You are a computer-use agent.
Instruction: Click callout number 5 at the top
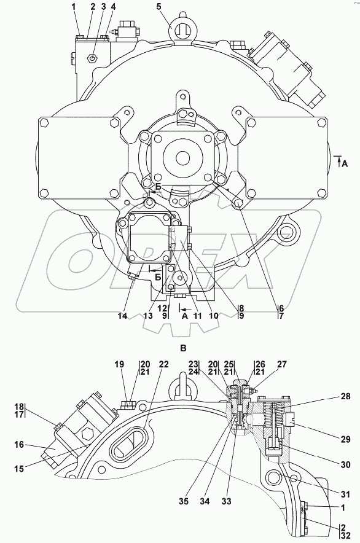(x=169, y=7)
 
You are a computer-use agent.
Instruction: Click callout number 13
(x=148, y=316)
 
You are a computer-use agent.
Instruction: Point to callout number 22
(x=163, y=364)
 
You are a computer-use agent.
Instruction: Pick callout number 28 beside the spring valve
(x=345, y=397)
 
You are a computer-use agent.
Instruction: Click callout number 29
(x=345, y=440)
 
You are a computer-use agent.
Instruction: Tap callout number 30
(x=345, y=465)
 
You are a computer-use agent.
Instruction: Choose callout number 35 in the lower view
(x=184, y=501)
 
